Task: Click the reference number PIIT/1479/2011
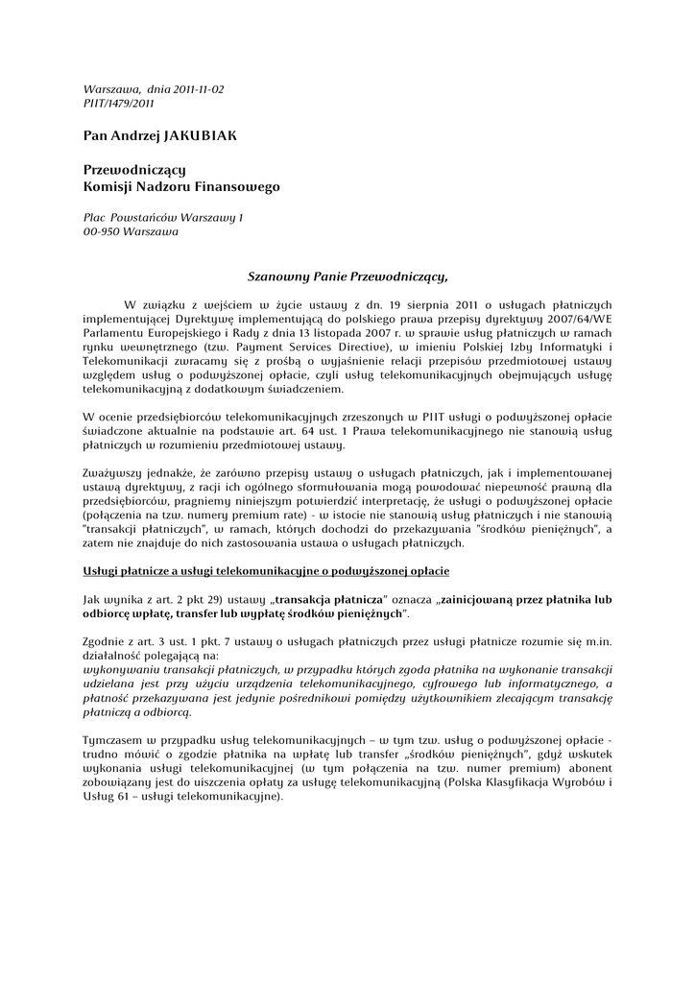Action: click(x=119, y=103)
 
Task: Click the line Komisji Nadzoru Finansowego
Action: click(x=181, y=186)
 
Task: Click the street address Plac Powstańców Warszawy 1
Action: click(x=163, y=218)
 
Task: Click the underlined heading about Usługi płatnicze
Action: click(x=266, y=572)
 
